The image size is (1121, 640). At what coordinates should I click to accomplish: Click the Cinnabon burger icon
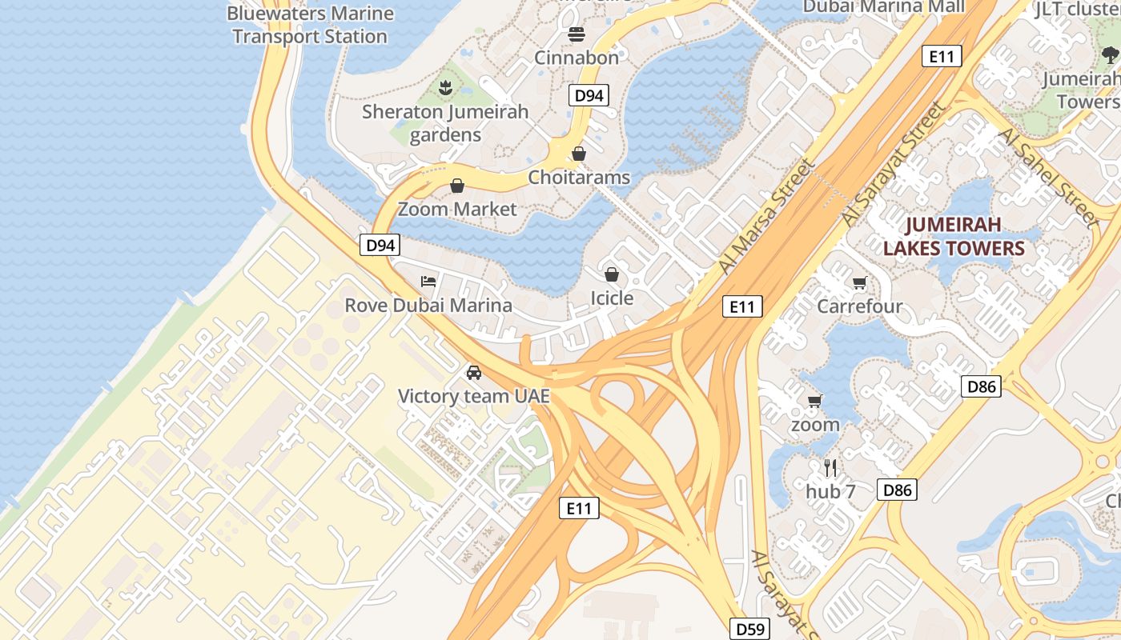[x=576, y=34]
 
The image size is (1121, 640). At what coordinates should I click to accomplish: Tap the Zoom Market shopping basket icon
[x=457, y=186]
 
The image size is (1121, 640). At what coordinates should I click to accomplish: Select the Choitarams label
[x=579, y=177]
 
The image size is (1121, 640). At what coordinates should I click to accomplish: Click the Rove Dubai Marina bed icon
[x=429, y=282]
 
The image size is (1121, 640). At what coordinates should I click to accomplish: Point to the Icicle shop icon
[x=612, y=275]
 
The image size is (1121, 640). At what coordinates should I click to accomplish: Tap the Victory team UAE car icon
[x=474, y=373]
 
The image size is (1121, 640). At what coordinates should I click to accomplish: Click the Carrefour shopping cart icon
[x=860, y=282]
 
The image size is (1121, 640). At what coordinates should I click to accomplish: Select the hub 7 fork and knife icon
[x=830, y=468]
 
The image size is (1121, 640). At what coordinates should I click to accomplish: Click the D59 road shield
[x=749, y=629]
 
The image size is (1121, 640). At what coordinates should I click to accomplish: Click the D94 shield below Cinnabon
[x=589, y=96]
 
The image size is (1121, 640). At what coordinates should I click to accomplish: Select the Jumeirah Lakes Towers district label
[x=954, y=236]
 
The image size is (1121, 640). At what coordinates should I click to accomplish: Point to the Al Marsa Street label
[x=765, y=216]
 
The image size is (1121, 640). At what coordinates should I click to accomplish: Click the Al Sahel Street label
[x=1047, y=176]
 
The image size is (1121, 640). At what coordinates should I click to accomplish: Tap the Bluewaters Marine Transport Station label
[x=310, y=25]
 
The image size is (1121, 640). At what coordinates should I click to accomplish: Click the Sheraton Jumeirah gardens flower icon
[x=446, y=87]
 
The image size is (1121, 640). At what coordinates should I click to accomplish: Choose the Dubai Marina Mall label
[x=883, y=7]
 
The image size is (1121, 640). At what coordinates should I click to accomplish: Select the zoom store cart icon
[x=815, y=401]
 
